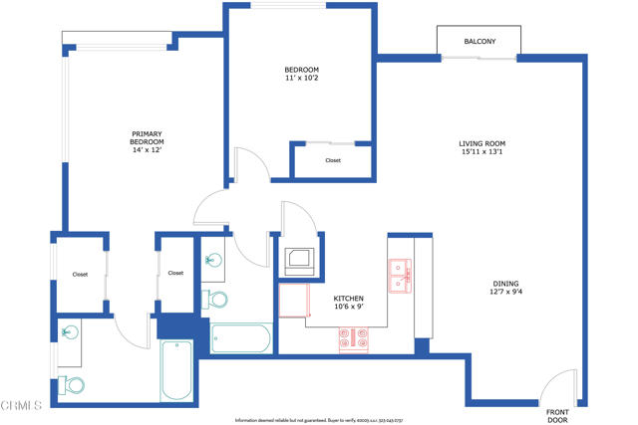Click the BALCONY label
coord(478,41)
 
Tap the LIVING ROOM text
coord(481,143)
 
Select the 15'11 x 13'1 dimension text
coord(481,153)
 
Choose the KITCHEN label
coord(348,298)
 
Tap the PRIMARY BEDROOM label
coord(147,138)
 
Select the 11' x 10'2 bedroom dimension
coord(302,78)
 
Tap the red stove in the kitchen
coord(354,340)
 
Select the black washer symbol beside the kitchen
coord(299,261)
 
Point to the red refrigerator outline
coord(292,300)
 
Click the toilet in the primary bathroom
coord(74,385)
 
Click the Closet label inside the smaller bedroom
coord(332,160)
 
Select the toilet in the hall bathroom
coord(215,298)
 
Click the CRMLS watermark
coord(21,405)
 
